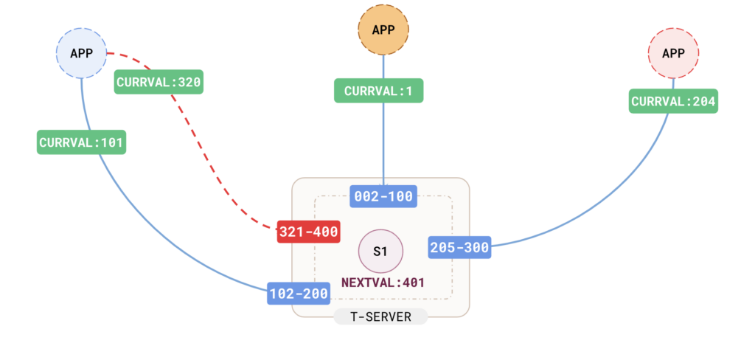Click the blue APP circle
(x=82, y=53)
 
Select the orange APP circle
(x=383, y=30)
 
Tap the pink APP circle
(x=672, y=53)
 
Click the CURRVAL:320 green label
(x=159, y=82)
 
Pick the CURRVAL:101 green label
(x=81, y=142)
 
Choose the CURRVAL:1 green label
(x=378, y=91)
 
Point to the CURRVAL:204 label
(x=672, y=101)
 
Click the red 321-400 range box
(x=308, y=232)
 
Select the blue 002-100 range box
(x=383, y=197)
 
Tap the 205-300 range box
(x=459, y=247)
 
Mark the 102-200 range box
(x=299, y=294)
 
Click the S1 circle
(x=380, y=252)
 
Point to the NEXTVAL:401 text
(x=383, y=282)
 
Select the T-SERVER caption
(x=380, y=316)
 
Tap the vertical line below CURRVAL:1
(x=383, y=144)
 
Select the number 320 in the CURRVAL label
(x=188, y=82)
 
